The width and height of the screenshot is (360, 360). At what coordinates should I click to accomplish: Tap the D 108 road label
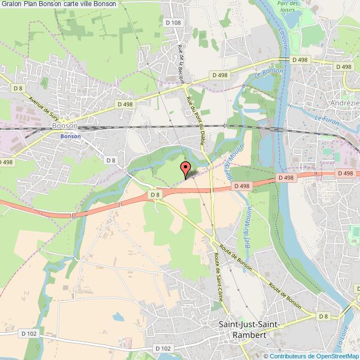pos(173,38)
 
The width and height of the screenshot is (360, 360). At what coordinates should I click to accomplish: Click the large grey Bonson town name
pos(64,126)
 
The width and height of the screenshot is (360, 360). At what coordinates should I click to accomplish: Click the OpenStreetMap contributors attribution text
pos(311,356)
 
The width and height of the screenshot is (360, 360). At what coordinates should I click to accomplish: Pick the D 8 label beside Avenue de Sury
pos(19,88)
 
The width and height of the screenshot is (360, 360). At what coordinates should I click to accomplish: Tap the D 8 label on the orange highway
pos(154,194)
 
